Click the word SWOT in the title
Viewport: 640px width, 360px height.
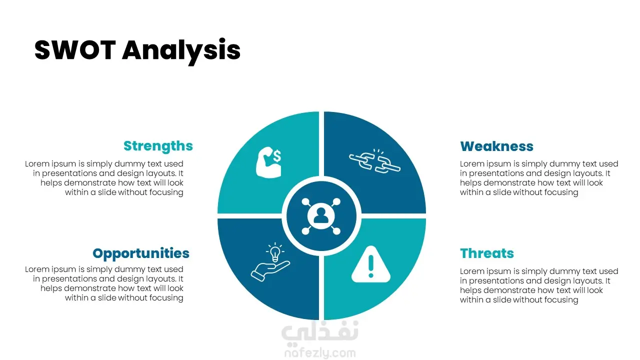click(75, 50)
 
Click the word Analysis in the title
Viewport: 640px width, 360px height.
click(181, 51)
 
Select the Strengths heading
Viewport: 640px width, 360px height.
click(158, 146)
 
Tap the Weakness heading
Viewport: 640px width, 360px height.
click(496, 146)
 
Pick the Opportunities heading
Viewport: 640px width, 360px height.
click(141, 254)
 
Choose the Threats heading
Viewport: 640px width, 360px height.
click(487, 253)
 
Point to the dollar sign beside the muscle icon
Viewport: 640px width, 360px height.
click(277, 156)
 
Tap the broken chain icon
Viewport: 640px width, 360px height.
click(375, 161)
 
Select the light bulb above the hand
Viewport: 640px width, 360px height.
click(275, 252)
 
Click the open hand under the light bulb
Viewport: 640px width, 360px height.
click(270, 271)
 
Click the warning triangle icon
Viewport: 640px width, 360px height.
click(371, 264)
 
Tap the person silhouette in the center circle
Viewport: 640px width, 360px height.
click(321, 215)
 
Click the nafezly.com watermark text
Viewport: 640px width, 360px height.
click(320, 353)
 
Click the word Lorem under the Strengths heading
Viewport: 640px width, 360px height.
click(37, 163)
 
